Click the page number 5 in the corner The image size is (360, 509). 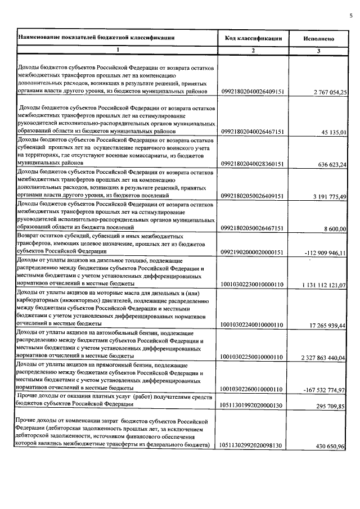coord(350,6)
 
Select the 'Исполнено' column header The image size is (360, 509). coord(319,39)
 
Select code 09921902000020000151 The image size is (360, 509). coord(253,253)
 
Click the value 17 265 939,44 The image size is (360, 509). coord(327,325)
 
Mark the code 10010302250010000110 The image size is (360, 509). coord(253,357)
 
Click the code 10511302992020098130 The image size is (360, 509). coord(253,445)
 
